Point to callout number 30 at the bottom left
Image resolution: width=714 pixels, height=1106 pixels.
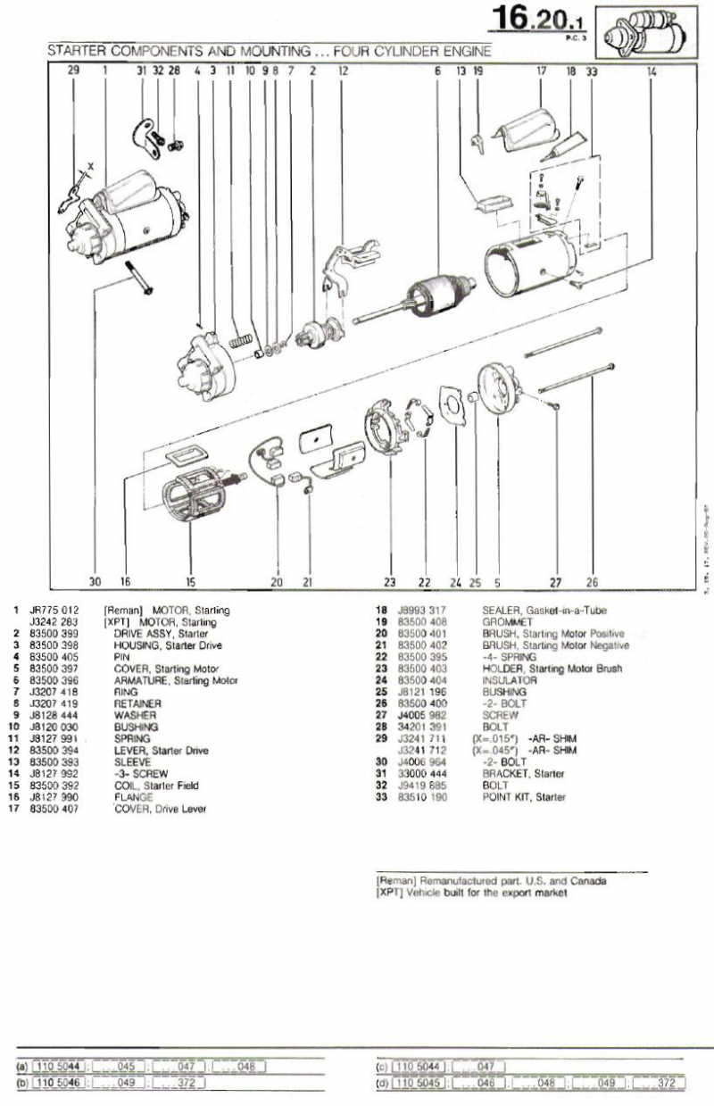(x=95, y=581)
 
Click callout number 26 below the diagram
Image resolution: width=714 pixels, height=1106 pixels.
(x=591, y=582)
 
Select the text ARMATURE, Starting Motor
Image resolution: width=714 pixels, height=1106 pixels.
(x=176, y=680)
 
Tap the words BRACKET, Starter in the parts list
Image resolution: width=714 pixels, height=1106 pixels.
(x=523, y=773)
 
